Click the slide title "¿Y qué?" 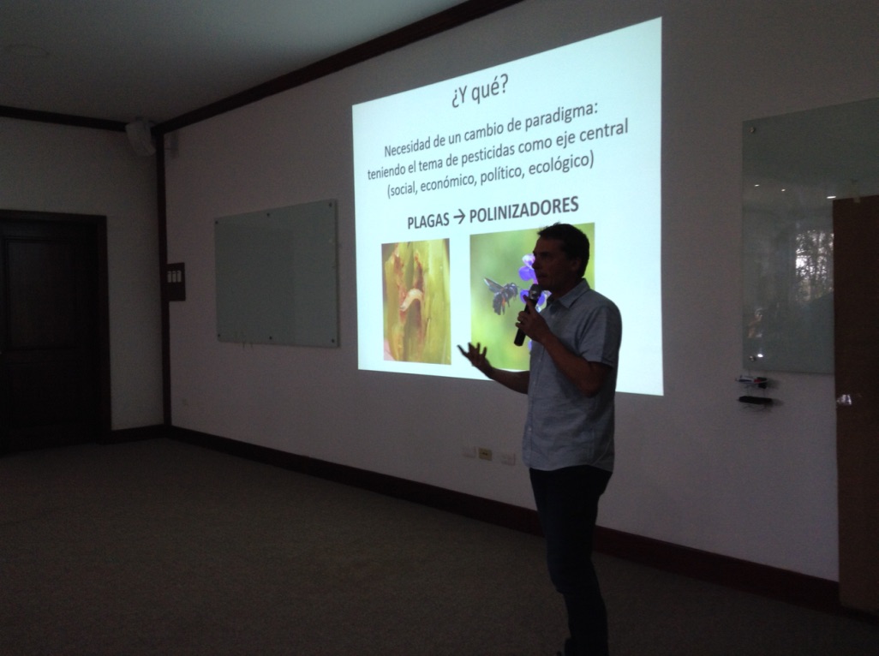point(479,92)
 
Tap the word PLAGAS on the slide point(428,220)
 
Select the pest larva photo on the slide point(416,301)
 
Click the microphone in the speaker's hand point(527,314)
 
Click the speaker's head point(561,255)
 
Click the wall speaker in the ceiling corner point(141,137)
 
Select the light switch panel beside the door point(176,282)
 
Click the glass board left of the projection point(277,273)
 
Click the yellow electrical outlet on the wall point(485,455)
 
